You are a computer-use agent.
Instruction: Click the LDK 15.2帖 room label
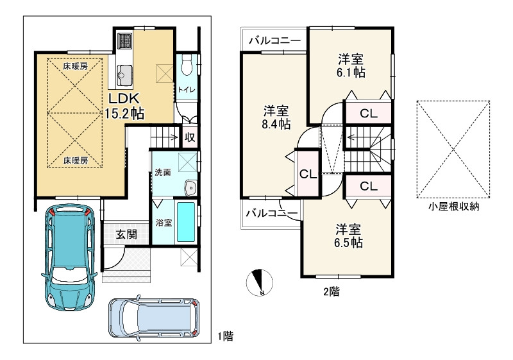(124, 106)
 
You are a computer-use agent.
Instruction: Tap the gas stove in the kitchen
(124, 41)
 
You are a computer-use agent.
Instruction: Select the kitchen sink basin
(125, 75)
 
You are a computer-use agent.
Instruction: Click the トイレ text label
(187, 90)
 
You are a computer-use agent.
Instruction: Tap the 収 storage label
(190, 137)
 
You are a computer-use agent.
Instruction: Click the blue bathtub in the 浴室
(186, 222)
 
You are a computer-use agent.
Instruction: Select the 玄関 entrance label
(126, 234)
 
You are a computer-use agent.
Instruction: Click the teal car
(69, 257)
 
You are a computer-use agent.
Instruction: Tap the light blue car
(154, 318)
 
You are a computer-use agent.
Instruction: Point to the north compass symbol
(260, 283)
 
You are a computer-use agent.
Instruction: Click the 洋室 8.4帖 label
(276, 117)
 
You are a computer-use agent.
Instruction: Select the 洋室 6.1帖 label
(351, 66)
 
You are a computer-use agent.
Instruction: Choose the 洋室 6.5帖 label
(348, 236)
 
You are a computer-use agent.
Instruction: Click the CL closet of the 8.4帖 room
(308, 174)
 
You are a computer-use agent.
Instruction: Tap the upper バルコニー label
(275, 41)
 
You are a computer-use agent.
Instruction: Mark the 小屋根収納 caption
(454, 207)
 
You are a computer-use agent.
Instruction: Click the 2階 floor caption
(332, 291)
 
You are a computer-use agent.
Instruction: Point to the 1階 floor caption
(226, 336)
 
